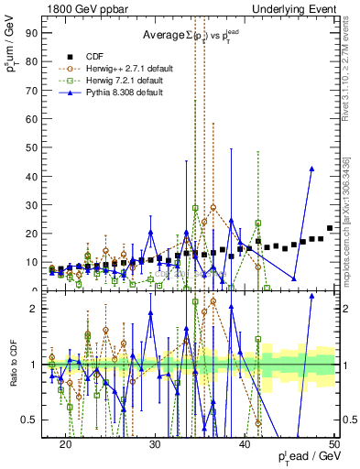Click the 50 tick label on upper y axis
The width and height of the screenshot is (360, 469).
(x=35, y=147)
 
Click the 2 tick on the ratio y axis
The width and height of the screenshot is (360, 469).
(x=39, y=309)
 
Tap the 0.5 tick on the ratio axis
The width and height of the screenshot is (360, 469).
(x=36, y=420)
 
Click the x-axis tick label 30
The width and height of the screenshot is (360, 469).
(x=155, y=443)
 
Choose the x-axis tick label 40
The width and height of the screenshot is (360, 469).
(x=245, y=443)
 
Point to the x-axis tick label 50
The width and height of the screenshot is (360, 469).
(x=333, y=443)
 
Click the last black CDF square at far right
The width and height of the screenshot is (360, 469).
(x=330, y=228)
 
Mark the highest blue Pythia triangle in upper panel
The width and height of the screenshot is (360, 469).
(x=312, y=169)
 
